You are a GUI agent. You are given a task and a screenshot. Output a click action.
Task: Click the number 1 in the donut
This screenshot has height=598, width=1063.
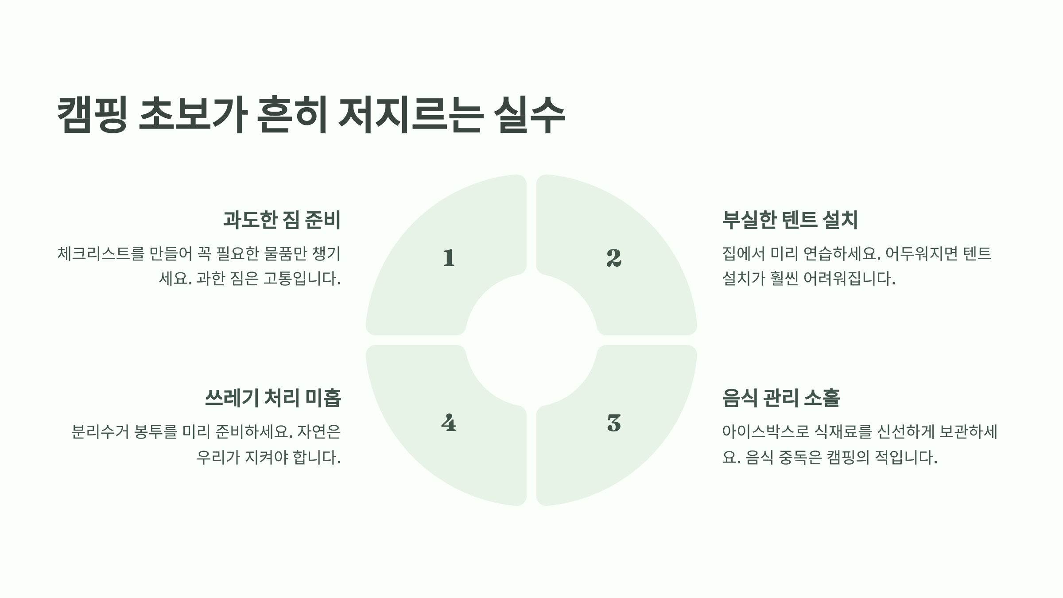pos(449,258)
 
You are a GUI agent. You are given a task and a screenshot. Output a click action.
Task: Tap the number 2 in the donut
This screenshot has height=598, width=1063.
pos(614,258)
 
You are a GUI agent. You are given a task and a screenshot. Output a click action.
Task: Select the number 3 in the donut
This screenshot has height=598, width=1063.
pos(614,423)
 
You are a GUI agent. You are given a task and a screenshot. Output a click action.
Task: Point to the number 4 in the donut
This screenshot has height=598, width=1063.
pos(449,423)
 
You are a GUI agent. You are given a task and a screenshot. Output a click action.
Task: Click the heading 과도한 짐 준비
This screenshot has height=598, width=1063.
pos(282,220)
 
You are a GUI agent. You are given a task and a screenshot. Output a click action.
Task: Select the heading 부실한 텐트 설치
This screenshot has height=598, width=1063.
pos(790,220)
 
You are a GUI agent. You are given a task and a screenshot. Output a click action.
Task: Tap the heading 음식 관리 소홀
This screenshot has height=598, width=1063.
pos(781,398)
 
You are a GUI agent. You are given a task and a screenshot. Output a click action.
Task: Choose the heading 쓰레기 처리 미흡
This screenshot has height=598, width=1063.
pos(273,398)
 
